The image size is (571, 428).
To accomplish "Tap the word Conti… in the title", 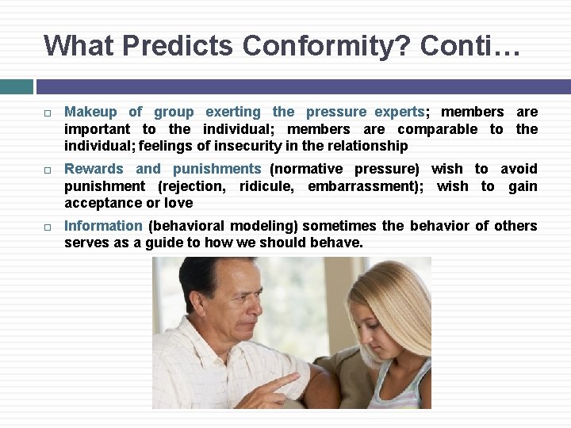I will (470, 45).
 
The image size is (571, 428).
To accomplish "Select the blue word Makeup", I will (90, 112).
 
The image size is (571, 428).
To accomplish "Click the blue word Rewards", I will (94, 169).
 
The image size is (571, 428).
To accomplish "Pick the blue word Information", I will (103, 226).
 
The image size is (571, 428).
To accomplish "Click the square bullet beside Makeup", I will (48, 113).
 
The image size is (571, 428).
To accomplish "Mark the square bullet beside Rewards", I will (48, 170).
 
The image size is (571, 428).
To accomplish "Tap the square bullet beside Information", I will (48, 227).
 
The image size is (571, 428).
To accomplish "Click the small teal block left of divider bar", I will (17, 86).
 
